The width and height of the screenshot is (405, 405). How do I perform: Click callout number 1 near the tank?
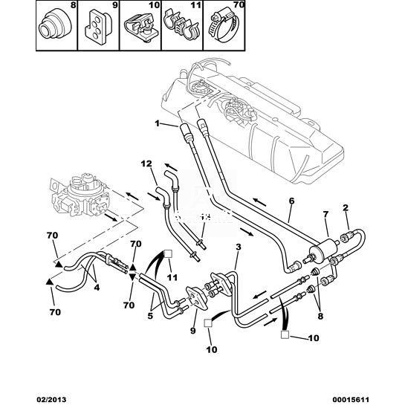point(157,123)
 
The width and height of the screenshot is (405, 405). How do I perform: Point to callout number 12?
point(146,163)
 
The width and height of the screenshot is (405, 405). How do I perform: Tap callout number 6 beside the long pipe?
point(291,201)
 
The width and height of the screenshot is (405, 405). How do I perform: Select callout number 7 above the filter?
point(325,214)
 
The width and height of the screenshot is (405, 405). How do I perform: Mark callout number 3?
point(238,247)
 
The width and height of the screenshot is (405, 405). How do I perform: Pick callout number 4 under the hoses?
point(97,288)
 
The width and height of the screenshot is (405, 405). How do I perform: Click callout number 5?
point(150,316)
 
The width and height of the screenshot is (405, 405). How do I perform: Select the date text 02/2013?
point(50,400)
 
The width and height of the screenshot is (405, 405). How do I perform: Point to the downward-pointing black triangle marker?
point(132,277)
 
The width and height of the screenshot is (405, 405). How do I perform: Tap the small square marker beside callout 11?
point(169,253)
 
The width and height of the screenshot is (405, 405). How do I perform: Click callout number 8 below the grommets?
point(320,317)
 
